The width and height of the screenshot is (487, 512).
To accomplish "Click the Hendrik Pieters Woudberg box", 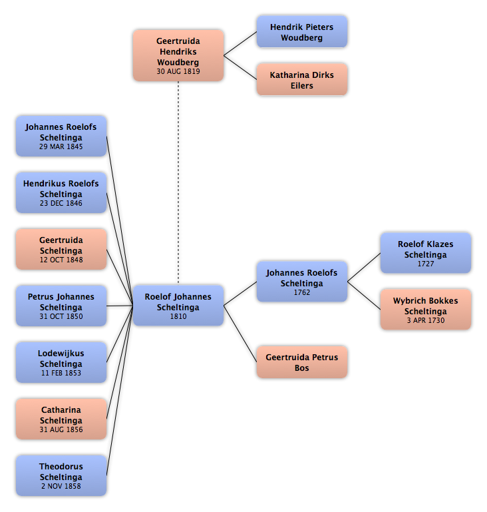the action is pyautogui.click(x=302, y=32).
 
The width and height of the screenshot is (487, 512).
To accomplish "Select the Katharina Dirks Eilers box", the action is pyautogui.click(x=302, y=80).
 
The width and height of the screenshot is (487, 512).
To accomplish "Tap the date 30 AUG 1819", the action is pyautogui.click(x=178, y=71).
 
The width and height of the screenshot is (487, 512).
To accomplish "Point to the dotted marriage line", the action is pyautogui.click(x=178, y=183).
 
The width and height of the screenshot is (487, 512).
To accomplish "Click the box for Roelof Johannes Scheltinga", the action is pyautogui.click(x=178, y=306).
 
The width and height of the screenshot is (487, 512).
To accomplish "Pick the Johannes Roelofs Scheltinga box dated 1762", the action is pyautogui.click(x=302, y=282).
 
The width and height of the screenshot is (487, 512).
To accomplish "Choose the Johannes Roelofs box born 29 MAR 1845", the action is pyautogui.click(x=61, y=136).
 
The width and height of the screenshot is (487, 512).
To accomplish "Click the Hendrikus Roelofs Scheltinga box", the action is pyautogui.click(x=61, y=192).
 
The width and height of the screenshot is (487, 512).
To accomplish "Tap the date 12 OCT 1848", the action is pyautogui.click(x=61, y=260).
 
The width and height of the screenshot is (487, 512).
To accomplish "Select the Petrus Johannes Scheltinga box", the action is pyautogui.click(x=61, y=306).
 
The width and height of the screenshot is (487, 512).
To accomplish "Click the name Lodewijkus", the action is pyautogui.click(x=61, y=354).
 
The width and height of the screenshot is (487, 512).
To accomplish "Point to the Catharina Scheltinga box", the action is pyautogui.click(x=61, y=419).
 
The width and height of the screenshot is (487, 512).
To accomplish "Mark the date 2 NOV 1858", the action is pyautogui.click(x=61, y=486).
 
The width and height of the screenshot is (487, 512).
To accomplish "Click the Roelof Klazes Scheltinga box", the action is pyautogui.click(x=425, y=253).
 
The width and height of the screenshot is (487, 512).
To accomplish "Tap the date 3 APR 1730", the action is pyautogui.click(x=425, y=321).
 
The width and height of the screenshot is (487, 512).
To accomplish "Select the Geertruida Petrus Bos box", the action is pyautogui.click(x=302, y=362).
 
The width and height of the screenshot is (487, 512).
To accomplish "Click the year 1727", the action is pyautogui.click(x=425, y=264).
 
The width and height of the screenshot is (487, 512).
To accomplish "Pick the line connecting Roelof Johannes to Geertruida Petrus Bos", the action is pyautogui.click(x=240, y=334).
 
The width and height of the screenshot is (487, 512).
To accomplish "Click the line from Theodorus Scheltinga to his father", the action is pyautogui.click(x=120, y=391).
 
